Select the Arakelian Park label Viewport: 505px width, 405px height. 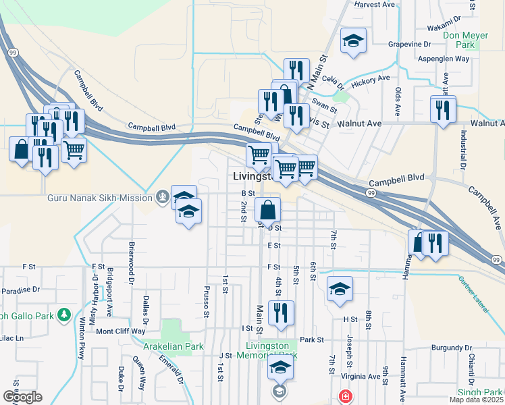pyautogui.click(x=174, y=346)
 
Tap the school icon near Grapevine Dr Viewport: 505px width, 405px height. pyautogui.click(x=353, y=41)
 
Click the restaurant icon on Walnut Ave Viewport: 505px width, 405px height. pyautogui.click(x=443, y=109)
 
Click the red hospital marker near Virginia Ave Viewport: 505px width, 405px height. pyautogui.click(x=345, y=396)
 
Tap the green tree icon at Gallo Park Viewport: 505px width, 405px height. pyautogui.click(x=64, y=315)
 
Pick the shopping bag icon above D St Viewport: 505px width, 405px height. pyautogui.click(x=268, y=210)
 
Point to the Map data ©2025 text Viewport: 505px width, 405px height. pyautogui.click(x=476, y=400)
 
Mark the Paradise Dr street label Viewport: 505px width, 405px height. pyautogui.click(x=21, y=291)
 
